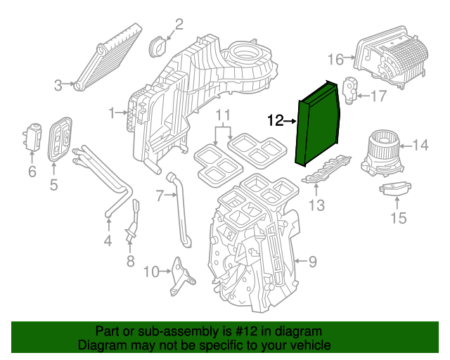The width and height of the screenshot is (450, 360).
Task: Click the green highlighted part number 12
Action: (320, 123)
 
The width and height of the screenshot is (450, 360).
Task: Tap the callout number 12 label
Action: (276, 121)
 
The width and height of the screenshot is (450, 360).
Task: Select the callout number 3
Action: (58, 85)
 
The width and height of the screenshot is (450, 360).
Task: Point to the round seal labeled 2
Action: (158, 48)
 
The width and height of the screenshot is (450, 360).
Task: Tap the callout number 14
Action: (420, 146)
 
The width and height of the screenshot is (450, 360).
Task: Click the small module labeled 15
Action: (394, 190)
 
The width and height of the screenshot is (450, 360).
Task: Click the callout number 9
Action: (312, 262)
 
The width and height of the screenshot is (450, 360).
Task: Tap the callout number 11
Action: (222, 115)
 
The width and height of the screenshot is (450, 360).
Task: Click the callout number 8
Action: (129, 262)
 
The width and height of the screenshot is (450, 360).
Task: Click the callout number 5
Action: (53, 185)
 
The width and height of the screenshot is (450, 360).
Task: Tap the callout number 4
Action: (108, 243)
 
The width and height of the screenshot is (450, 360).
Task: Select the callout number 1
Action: (111, 112)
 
